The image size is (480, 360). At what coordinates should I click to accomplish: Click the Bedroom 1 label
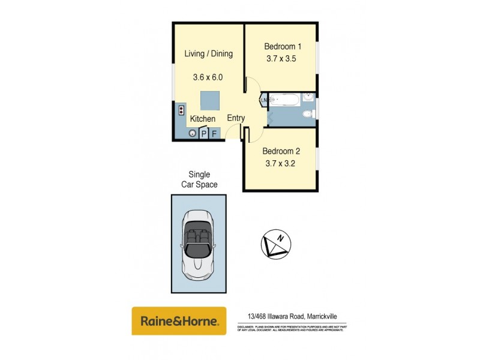coord(283,46)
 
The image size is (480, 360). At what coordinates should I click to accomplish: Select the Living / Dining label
coord(208,54)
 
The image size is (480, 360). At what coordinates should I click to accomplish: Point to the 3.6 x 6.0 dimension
coord(208,77)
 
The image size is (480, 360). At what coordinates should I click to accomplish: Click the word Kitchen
coord(203,119)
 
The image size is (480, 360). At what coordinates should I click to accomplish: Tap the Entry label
coord(236,118)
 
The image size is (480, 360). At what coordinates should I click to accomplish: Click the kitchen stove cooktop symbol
coord(179,110)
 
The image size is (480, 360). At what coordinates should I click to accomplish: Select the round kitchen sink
coord(193,133)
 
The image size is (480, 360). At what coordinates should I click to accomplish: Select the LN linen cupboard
coord(263,100)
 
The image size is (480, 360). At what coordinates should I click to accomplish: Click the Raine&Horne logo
coord(179,321)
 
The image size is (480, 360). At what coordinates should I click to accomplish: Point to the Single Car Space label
coord(199,179)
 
